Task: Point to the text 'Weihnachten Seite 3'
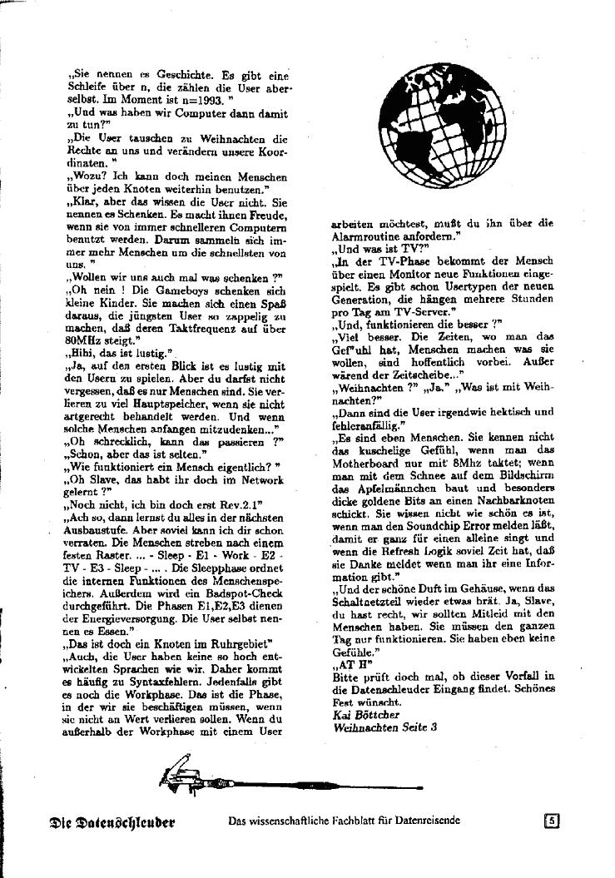pyautogui.click(x=384, y=727)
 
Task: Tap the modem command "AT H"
pyautogui.click(x=349, y=667)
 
